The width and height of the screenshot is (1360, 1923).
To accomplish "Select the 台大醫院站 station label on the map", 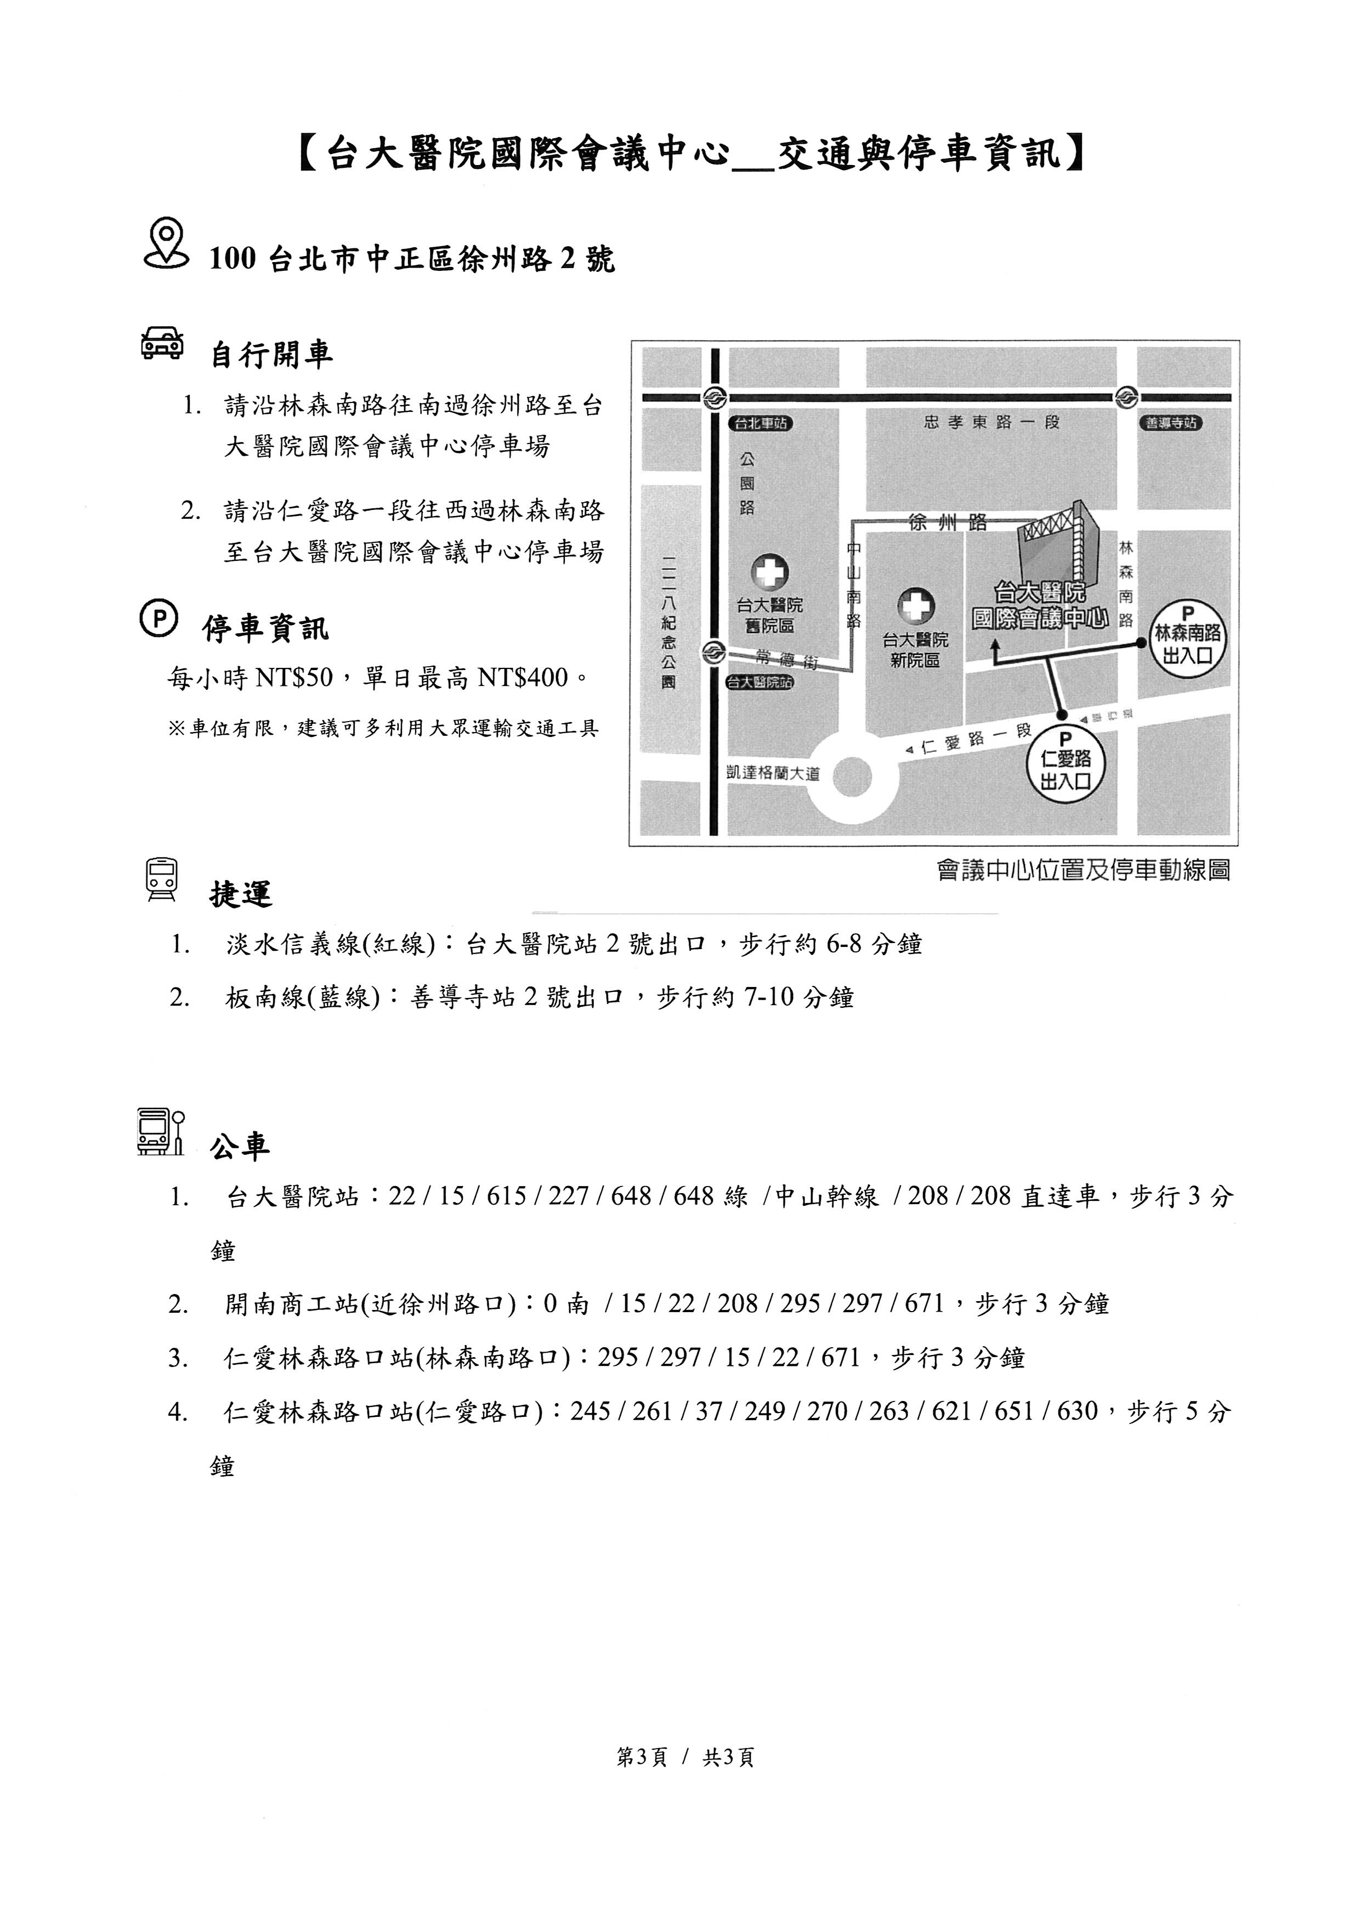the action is point(760,683).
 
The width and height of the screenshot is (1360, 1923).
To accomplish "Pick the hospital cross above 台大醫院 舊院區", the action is point(769,574).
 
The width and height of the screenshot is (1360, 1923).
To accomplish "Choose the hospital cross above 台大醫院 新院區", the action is point(915,609).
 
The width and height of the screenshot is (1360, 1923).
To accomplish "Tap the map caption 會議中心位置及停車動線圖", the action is point(1084,871).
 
